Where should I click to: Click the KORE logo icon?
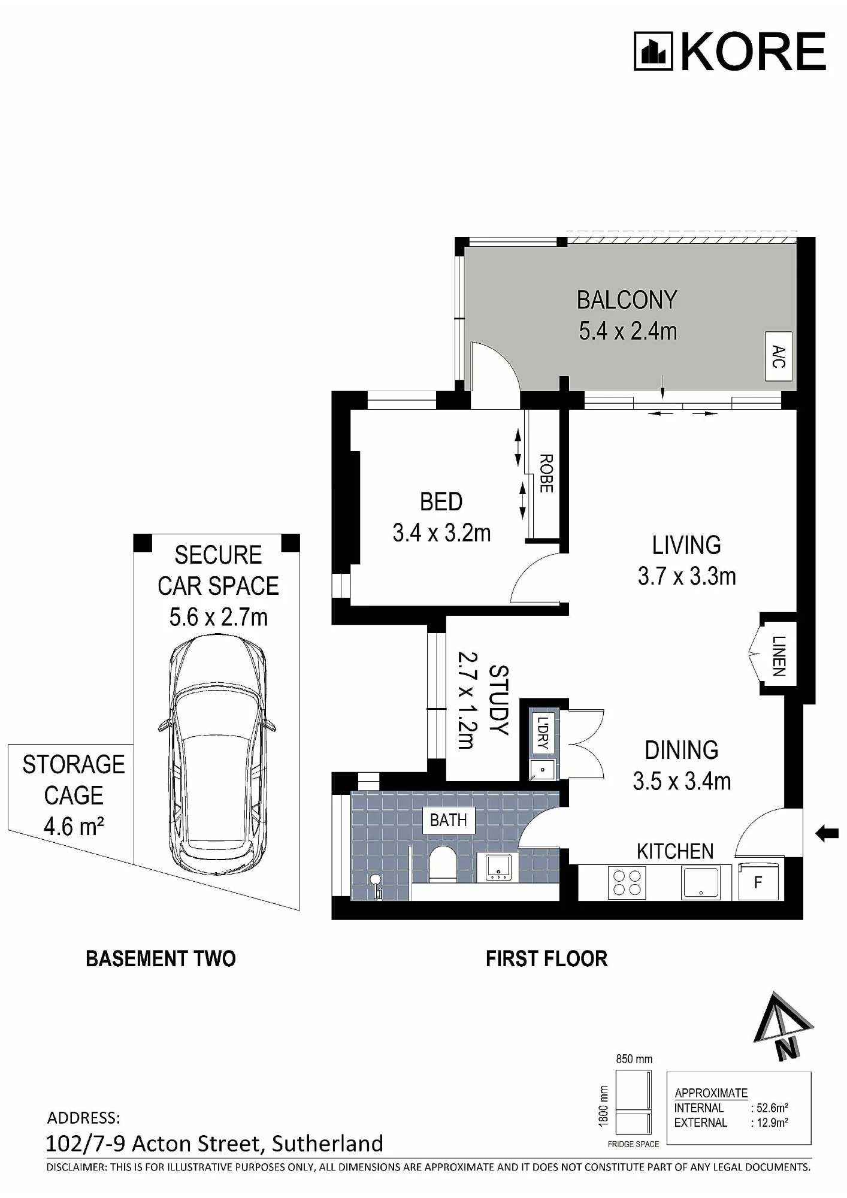click(x=654, y=52)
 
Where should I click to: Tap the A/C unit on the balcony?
click(x=779, y=356)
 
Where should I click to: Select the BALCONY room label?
click(x=627, y=300)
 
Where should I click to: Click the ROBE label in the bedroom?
click(x=546, y=473)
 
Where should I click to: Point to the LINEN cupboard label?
click(x=778, y=656)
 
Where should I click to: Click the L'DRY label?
click(x=543, y=733)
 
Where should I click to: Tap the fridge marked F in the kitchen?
click(x=758, y=882)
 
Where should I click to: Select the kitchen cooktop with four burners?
click(x=627, y=882)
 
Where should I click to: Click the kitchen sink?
click(x=700, y=882)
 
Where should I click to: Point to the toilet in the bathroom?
click(x=443, y=864)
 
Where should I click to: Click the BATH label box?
click(x=449, y=820)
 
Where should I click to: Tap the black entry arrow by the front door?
click(x=827, y=833)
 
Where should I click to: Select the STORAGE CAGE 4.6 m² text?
click(x=74, y=795)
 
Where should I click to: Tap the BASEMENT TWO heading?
click(x=161, y=959)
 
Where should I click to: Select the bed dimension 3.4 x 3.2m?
click(x=442, y=533)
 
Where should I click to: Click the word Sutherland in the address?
click(x=328, y=1143)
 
